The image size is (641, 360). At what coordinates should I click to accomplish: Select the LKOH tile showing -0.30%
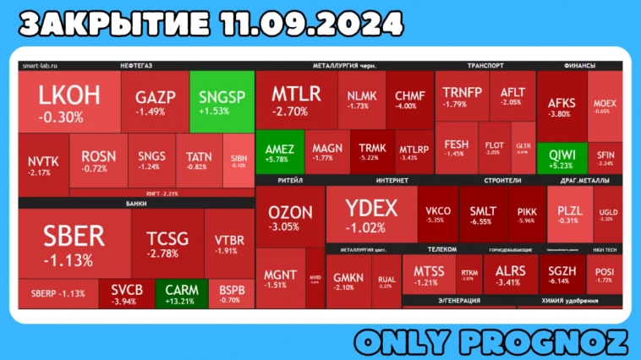69,102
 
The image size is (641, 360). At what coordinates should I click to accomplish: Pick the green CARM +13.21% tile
182,293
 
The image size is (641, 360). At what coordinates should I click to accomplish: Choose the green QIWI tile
562,158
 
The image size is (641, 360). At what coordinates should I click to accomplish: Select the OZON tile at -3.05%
290,217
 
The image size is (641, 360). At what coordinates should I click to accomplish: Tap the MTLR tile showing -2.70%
296,100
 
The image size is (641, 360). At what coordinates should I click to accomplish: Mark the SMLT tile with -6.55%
483,215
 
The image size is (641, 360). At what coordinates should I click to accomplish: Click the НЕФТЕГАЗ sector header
136,65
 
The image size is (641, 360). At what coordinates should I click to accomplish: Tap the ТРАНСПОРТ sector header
485,65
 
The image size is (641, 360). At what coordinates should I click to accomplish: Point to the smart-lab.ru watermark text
39,65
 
